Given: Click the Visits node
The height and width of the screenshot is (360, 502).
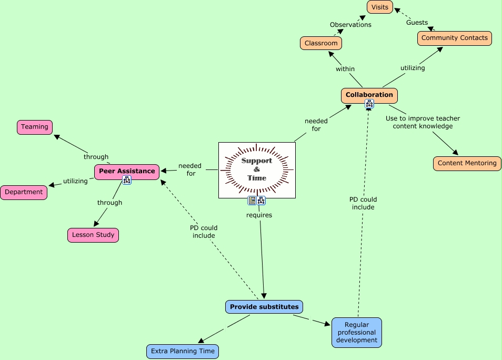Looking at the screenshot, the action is coord(380,7).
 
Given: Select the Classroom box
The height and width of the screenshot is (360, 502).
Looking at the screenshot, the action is coord(321,43).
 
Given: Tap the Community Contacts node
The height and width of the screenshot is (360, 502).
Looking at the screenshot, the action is coord(454,38).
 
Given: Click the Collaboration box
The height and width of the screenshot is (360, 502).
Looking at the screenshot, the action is coord(369,95).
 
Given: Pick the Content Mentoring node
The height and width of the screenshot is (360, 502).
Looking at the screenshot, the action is coord(467,163).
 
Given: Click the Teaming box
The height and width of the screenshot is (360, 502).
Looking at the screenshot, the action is coord(35,127).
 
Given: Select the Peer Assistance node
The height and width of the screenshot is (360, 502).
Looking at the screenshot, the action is coord(127,172).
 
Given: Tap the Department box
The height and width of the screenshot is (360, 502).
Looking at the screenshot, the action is coord(24,192).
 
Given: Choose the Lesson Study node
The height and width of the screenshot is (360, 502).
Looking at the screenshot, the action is coord(93,235).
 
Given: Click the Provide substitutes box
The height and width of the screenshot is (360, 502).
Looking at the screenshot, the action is coord(264,307).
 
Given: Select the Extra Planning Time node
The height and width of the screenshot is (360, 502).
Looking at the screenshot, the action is coord(183,352).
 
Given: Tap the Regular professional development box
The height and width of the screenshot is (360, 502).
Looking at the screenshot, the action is coord(357,333).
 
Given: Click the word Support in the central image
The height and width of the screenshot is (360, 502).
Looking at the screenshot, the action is coord(257,161).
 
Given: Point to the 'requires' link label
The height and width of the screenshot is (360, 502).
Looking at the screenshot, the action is coord(259,215).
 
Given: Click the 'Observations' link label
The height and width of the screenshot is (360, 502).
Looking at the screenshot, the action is coord(350,25).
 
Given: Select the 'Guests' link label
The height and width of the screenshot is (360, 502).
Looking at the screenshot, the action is coord(417,23).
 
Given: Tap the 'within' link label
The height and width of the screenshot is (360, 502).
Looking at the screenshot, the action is coord(345,69).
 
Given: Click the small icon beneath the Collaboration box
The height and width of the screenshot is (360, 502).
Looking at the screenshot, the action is coord(369,104).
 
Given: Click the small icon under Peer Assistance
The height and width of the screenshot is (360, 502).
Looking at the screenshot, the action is coord(127,180).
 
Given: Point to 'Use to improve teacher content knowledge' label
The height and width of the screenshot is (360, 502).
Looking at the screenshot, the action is coord(423,122).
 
